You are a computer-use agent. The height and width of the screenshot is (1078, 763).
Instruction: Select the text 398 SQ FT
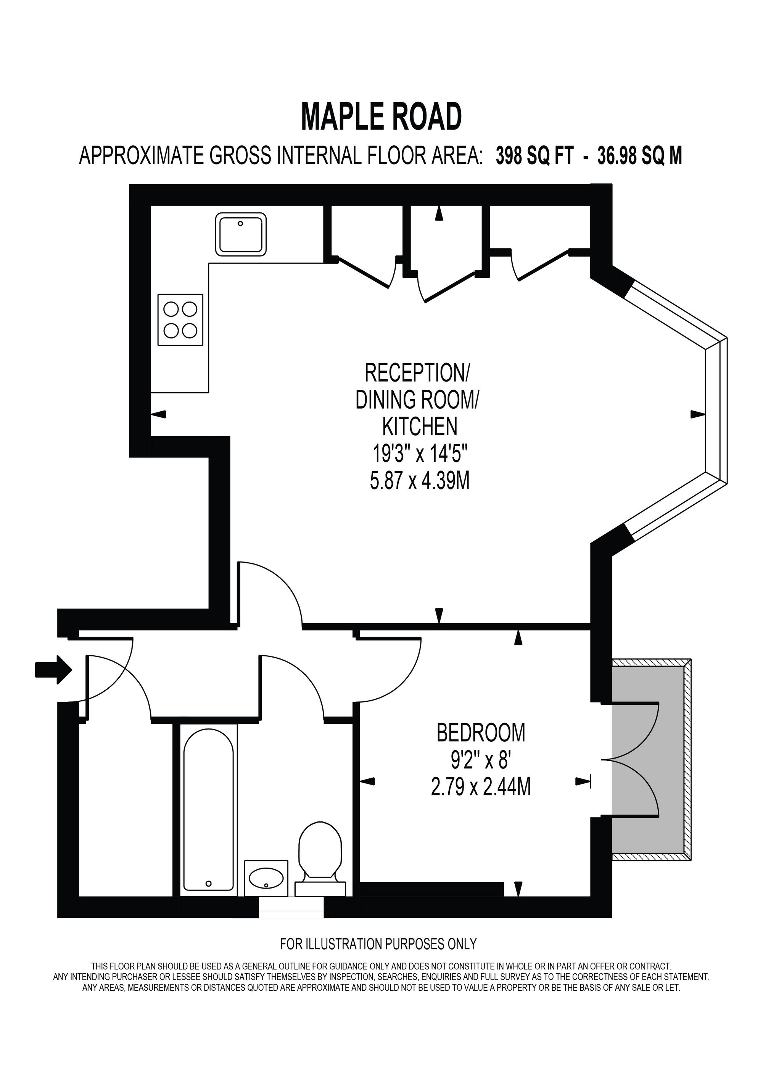tap(534, 156)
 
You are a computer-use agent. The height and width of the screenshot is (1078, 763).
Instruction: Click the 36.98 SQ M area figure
tap(639, 156)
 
